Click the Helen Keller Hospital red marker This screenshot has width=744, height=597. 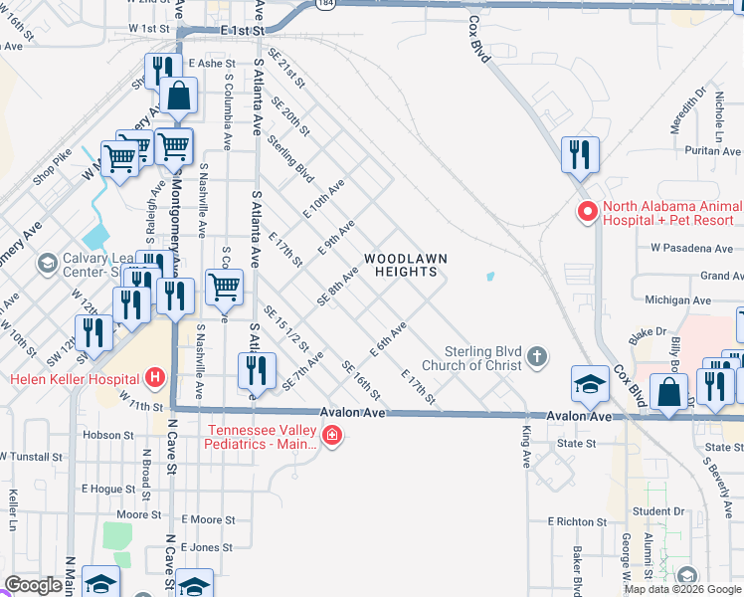(154, 378)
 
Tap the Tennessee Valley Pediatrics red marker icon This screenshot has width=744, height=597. (331, 436)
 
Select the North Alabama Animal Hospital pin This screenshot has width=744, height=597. (587, 211)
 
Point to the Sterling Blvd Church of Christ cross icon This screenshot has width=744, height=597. (537, 357)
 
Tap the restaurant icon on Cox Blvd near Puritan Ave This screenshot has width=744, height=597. (580, 154)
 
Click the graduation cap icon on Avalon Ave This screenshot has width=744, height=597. (590, 384)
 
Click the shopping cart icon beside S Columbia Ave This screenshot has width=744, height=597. (225, 287)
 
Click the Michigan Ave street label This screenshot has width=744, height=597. (678, 299)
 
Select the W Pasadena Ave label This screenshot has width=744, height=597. (690, 247)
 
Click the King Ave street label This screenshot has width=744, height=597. (527, 447)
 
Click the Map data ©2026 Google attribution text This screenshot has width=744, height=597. (682, 589)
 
